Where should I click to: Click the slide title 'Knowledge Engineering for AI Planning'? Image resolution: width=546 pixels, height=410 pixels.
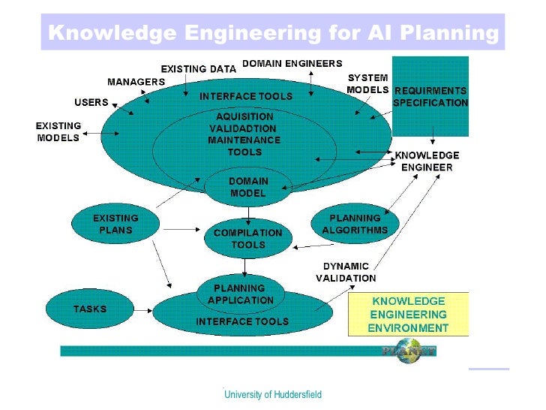pos(273,33)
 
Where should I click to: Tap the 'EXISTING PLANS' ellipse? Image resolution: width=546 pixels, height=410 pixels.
pos(115,224)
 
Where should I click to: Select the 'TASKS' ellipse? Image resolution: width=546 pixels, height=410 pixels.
pos(89,309)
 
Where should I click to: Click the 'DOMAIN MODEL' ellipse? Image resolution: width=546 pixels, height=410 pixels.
pos(247,187)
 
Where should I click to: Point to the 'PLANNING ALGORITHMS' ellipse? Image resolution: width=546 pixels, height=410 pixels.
pos(355,224)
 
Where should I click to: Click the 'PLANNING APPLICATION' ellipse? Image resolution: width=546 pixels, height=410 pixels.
pos(239,294)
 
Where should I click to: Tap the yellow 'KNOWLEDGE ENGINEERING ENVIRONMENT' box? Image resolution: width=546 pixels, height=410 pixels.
pos(409,314)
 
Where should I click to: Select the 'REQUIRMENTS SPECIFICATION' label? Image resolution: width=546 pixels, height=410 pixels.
pos(430,97)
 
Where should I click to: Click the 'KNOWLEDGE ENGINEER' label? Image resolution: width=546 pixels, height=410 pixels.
pos(427,161)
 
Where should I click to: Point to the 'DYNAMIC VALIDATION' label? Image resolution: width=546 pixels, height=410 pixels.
pos(345,272)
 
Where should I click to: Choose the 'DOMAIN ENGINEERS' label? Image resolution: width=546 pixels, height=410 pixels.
pos(292,64)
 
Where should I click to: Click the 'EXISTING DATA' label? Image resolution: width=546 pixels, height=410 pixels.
pos(198,69)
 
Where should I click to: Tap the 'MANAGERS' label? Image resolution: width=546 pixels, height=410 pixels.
pos(136,81)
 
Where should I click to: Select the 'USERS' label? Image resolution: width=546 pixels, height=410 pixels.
pos(91,102)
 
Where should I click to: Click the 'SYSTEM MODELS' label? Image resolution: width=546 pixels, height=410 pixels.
pos(367,83)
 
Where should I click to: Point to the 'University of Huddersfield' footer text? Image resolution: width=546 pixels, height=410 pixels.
pos(273,394)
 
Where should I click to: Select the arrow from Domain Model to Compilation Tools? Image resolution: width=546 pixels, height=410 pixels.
pos(247,214)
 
